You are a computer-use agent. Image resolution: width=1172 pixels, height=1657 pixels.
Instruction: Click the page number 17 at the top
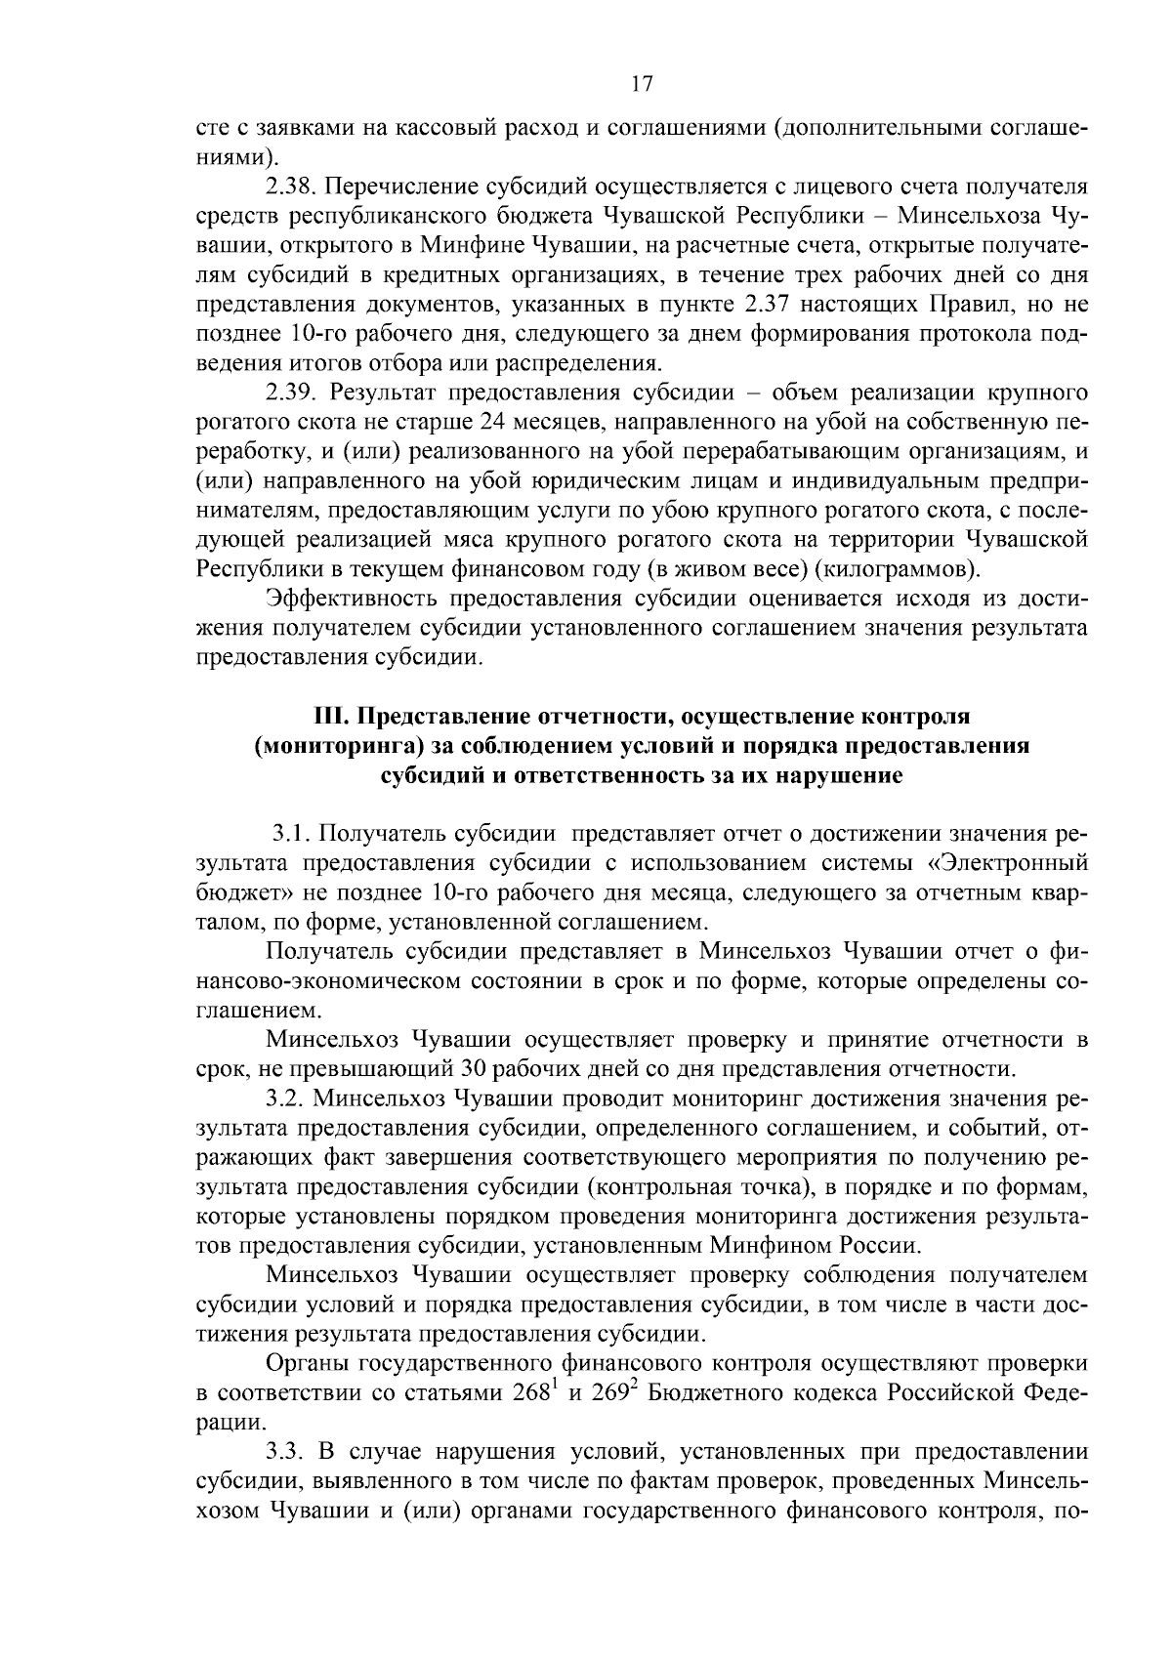[642, 84]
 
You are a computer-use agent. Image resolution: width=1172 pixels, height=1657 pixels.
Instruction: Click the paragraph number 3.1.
[291, 835]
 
